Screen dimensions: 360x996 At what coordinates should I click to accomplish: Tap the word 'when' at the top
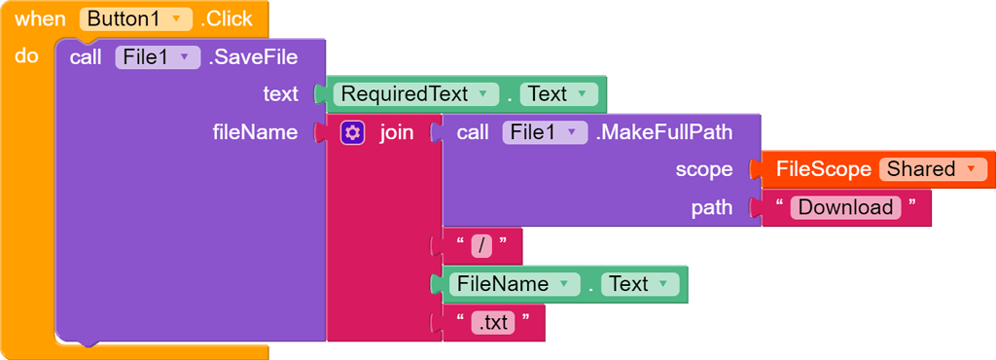point(40,18)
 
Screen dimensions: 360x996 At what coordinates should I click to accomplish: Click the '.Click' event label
point(227,18)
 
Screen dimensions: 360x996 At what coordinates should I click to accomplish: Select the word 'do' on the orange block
point(26,56)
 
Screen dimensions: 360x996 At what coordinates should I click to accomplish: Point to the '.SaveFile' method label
point(253,57)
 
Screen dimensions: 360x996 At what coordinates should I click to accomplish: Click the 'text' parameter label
point(280,94)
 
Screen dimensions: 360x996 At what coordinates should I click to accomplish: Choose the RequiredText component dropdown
point(414,94)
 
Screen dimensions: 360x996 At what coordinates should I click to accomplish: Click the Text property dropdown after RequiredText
point(558,94)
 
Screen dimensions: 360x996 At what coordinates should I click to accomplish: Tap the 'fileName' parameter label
point(255,132)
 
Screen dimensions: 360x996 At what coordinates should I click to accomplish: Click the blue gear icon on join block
point(352,132)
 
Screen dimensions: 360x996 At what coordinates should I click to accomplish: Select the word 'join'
point(396,132)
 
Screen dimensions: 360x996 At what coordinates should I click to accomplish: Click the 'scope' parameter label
point(703,169)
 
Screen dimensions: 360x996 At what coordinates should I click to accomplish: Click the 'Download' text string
point(845,207)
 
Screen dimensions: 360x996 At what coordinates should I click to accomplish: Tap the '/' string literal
point(482,246)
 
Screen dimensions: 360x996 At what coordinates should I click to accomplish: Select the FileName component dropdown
point(513,284)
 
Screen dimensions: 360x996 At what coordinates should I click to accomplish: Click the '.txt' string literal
point(494,323)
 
